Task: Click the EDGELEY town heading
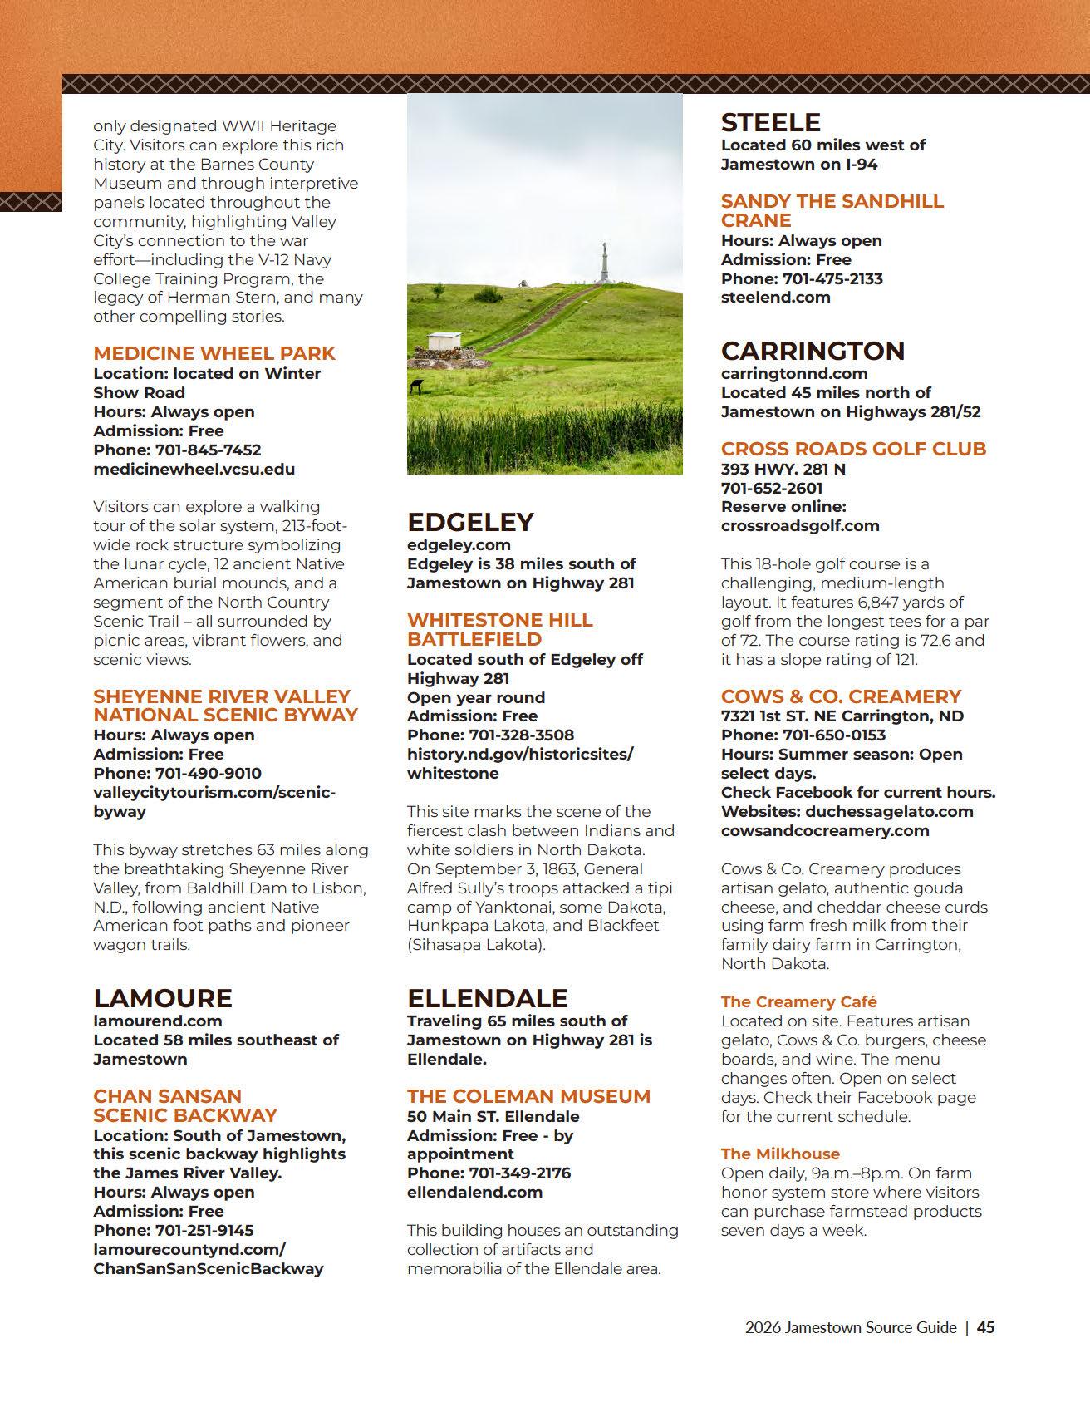pyautogui.click(x=470, y=522)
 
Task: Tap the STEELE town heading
pyautogui.click(x=770, y=123)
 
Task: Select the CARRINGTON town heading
pyautogui.click(x=812, y=351)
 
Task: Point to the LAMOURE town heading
pyautogui.click(x=163, y=998)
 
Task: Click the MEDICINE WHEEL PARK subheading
pyautogui.click(x=214, y=353)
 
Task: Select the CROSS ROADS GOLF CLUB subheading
pyautogui.click(x=853, y=449)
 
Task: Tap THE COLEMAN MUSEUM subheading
pyautogui.click(x=528, y=1096)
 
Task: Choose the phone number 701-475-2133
pyautogui.click(x=831, y=278)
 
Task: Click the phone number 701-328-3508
pyautogui.click(x=521, y=735)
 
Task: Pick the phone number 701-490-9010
pyautogui.click(x=208, y=774)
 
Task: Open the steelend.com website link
pyautogui.click(x=775, y=298)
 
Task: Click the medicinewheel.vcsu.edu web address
pyautogui.click(x=194, y=469)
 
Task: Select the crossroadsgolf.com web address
pyautogui.click(x=799, y=525)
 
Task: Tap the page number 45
pyautogui.click(x=985, y=1327)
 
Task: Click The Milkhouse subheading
pyautogui.click(x=780, y=1154)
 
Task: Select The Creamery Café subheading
pyautogui.click(x=798, y=1001)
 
